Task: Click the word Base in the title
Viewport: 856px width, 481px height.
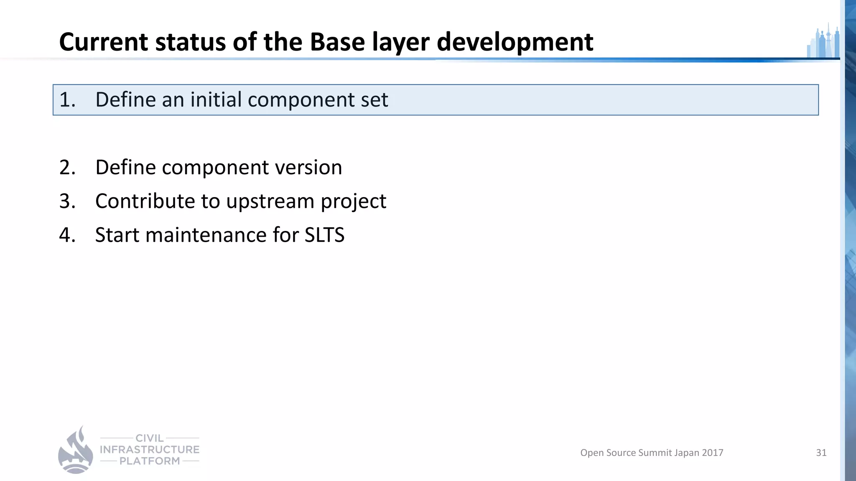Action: tap(337, 42)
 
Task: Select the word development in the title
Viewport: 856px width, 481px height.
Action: tap(515, 42)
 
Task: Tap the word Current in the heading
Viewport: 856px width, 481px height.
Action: tap(103, 42)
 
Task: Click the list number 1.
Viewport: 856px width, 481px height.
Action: tap(67, 100)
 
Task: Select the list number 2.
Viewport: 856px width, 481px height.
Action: tap(67, 167)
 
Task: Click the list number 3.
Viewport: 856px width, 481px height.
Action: tap(67, 201)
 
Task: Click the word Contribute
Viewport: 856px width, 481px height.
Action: tap(145, 201)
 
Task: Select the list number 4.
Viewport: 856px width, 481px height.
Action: tap(67, 235)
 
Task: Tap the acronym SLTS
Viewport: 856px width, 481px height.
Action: tap(324, 235)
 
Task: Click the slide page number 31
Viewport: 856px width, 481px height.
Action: tap(821, 453)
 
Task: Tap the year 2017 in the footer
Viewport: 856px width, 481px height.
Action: tap(712, 453)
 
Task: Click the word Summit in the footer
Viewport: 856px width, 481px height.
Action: tap(655, 453)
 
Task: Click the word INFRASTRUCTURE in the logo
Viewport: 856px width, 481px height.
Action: tap(150, 450)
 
